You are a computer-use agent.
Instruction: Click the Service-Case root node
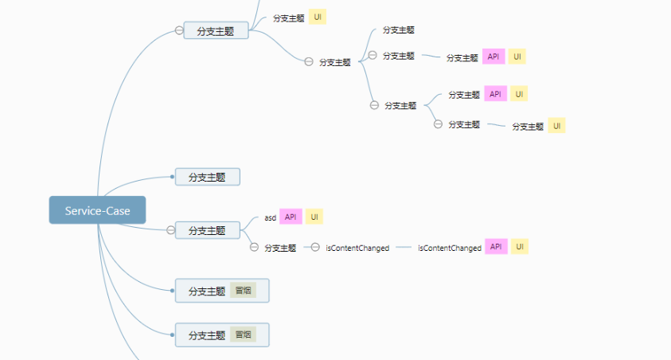point(98,210)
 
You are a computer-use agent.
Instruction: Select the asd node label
point(270,217)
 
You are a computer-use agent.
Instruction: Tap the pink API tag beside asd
point(291,217)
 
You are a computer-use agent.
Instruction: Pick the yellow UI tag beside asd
point(314,217)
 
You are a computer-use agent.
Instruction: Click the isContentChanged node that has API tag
point(450,248)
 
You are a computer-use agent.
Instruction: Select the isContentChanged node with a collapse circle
point(357,248)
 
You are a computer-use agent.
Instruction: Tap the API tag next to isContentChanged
point(496,247)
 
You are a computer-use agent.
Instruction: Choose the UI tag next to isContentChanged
point(520,247)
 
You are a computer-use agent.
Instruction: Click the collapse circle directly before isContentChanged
point(315,247)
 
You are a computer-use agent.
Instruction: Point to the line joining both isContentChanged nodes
point(404,247)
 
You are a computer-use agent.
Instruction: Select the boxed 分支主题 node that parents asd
point(208,230)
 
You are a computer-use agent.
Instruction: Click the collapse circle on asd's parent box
point(171,230)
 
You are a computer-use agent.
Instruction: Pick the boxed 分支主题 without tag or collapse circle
point(208,177)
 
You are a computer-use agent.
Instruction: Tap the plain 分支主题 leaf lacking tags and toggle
point(399,30)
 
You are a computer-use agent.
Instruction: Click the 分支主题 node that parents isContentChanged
point(280,248)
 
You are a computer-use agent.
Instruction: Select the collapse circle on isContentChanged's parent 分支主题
point(254,247)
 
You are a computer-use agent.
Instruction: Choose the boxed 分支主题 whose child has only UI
point(216,30)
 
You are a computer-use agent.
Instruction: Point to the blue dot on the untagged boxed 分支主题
point(172,177)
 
